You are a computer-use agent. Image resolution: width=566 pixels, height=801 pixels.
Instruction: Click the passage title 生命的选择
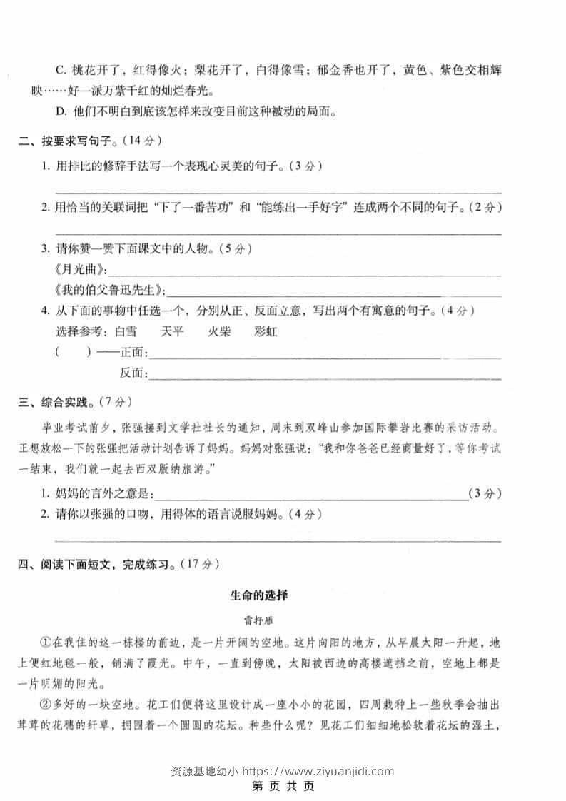coord(258,594)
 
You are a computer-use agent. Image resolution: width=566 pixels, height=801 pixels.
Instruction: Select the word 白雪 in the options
coord(125,331)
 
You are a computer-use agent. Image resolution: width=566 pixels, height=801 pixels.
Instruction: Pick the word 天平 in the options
coord(173,331)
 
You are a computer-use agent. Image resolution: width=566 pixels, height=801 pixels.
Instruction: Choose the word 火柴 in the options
coord(219,331)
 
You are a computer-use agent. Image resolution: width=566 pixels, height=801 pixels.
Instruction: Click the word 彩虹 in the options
coord(266,331)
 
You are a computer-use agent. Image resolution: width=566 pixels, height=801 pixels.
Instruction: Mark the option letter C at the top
coord(60,70)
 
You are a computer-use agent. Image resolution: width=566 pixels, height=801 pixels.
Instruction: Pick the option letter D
coord(60,111)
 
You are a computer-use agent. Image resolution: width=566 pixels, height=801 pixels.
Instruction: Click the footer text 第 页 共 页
coord(283,787)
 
